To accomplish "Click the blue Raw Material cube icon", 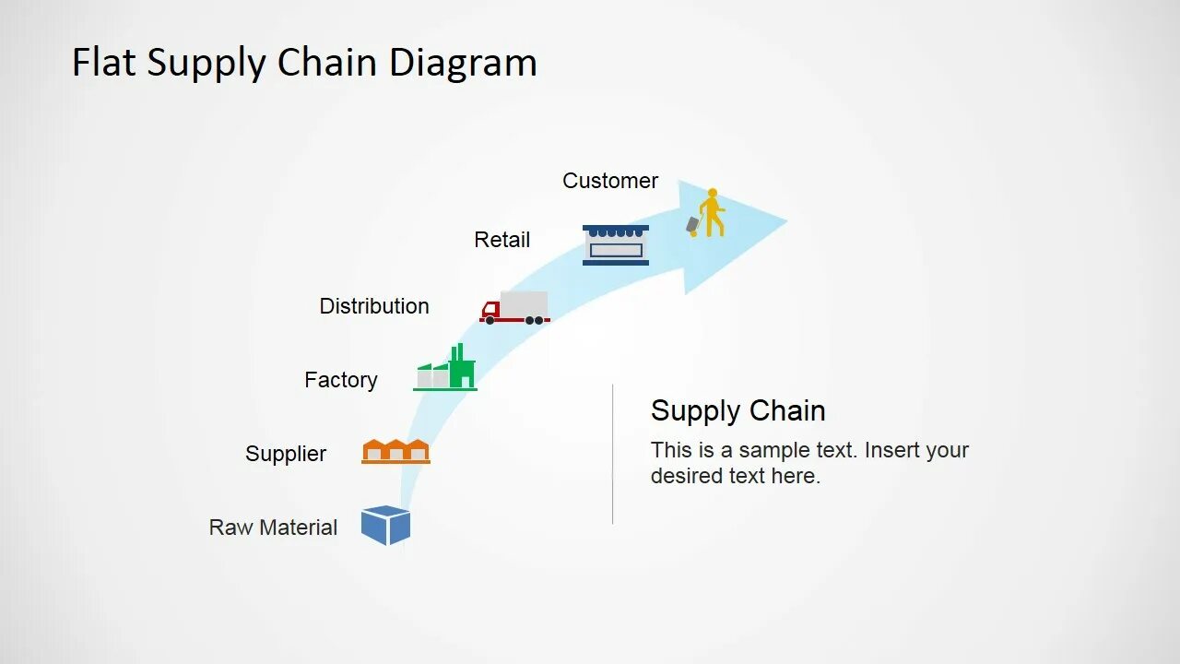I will tap(385, 526).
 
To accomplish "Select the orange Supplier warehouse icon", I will tap(395, 451).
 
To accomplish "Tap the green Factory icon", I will tap(446, 371).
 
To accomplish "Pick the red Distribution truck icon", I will tap(514, 308).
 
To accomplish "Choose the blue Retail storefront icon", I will tap(616, 245).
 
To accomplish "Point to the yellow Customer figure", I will tap(711, 212).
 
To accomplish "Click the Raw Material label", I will tap(273, 528).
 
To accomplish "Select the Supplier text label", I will tap(286, 454).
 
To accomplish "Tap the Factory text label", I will tap(341, 380).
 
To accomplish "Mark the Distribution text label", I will tap(374, 306).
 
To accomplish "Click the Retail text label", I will tap(502, 240).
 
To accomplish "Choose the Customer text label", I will tap(610, 181).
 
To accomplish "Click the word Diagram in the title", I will tap(463, 63).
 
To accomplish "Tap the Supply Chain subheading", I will tap(737, 410).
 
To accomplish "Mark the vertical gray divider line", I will tap(613, 454).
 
